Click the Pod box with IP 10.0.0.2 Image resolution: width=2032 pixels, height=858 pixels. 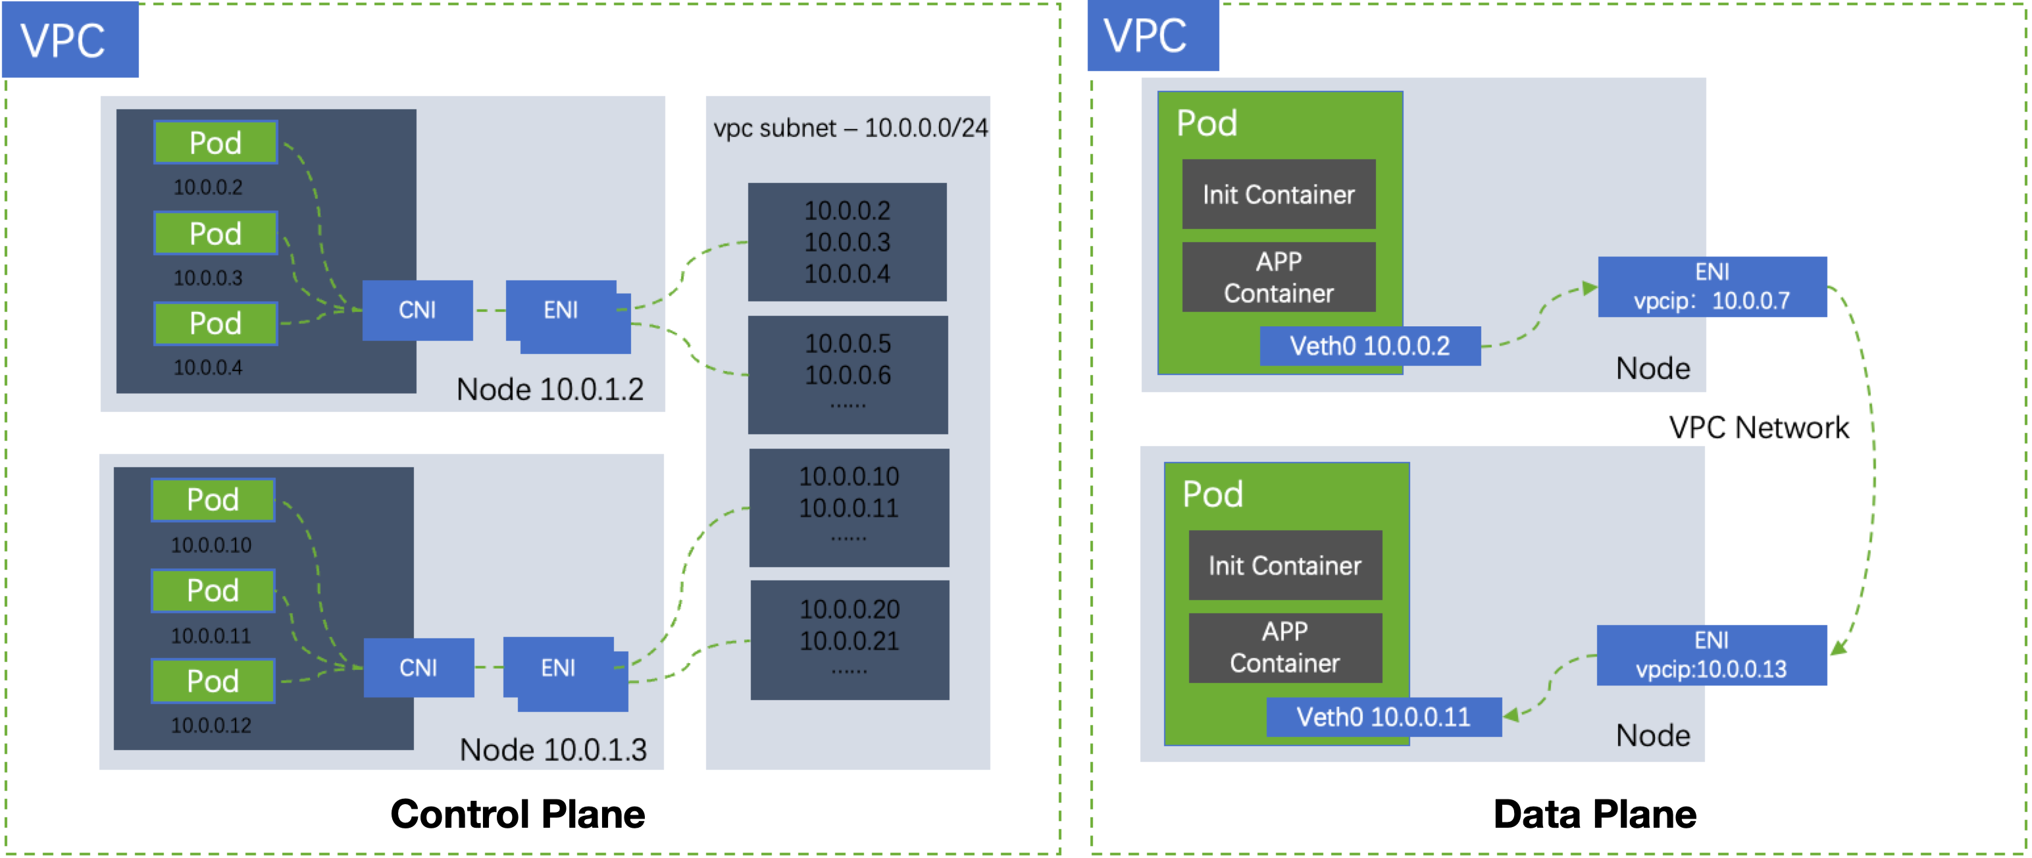click(215, 143)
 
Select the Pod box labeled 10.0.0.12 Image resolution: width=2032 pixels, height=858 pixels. click(213, 680)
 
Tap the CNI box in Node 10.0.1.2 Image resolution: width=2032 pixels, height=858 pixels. click(417, 310)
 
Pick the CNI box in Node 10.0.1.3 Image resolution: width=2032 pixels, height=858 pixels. click(418, 668)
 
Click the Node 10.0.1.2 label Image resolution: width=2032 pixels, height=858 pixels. click(550, 390)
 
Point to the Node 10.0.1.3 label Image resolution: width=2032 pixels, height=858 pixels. click(553, 749)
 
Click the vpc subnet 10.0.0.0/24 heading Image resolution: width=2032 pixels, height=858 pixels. click(850, 128)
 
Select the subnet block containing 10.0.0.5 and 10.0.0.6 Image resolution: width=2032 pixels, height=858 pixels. click(848, 374)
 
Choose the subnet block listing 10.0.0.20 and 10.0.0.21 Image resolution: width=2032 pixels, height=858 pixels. click(850, 640)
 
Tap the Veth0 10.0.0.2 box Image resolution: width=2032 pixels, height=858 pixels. click(1369, 346)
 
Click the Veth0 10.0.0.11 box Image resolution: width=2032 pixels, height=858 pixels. click(1383, 717)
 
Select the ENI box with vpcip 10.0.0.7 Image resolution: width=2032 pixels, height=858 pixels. click(1712, 286)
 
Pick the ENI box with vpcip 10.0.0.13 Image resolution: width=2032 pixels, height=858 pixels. click(1711, 655)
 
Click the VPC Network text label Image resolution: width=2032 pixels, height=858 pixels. click(1758, 428)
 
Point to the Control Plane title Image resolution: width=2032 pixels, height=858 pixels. click(517, 814)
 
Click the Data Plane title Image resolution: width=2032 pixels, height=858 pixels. click(1594, 814)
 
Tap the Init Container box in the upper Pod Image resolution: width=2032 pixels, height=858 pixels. click(1278, 194)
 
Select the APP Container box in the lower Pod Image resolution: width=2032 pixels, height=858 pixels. click(1284, 647)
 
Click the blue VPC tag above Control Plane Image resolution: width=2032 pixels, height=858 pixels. click(70, 39)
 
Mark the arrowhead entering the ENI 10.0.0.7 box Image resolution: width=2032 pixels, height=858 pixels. click(1589, 289)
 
